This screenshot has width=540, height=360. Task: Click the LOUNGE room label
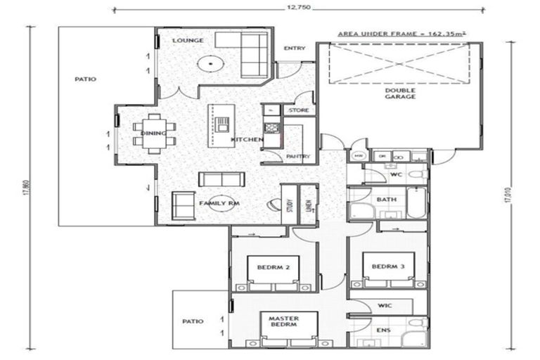(x=188, y=41)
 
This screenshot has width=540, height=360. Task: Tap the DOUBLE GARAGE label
(x=399, y=94)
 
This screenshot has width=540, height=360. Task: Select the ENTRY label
(x=294, y=49)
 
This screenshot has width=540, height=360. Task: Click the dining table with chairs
(x=155, y=134)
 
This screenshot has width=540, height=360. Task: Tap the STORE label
(x=299, y=110)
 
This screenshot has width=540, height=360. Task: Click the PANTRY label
(x=298, y=157)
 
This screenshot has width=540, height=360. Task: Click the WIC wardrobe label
(x=385, y=306)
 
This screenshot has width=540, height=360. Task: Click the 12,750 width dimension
(x=300, y=9)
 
